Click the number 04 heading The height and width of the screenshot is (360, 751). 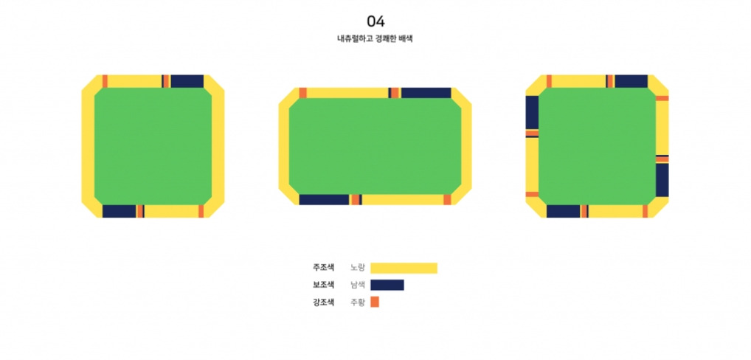pyautogui.click(x=375, y=21)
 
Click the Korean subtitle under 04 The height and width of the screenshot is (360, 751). pyautogui.click(x=375, y=39)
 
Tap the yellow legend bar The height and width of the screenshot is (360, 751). pyautogui.click(x=404, y=268)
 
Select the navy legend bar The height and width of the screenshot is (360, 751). pyautogui.click(x=387, y=285)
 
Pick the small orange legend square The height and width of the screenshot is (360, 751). pyautogui.click(x=375, y=302)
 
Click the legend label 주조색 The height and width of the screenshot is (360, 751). pyautogui.click(x=323, y=268)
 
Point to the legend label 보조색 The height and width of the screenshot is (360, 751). pyautogui.click(x=323, y=285)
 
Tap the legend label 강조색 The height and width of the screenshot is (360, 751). pyautogui.click(x=323, y=302)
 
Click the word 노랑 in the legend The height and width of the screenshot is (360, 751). pyautogui.click(x=357, y=268)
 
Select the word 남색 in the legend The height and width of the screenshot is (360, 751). pyautogui.click(x=357, y=285)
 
